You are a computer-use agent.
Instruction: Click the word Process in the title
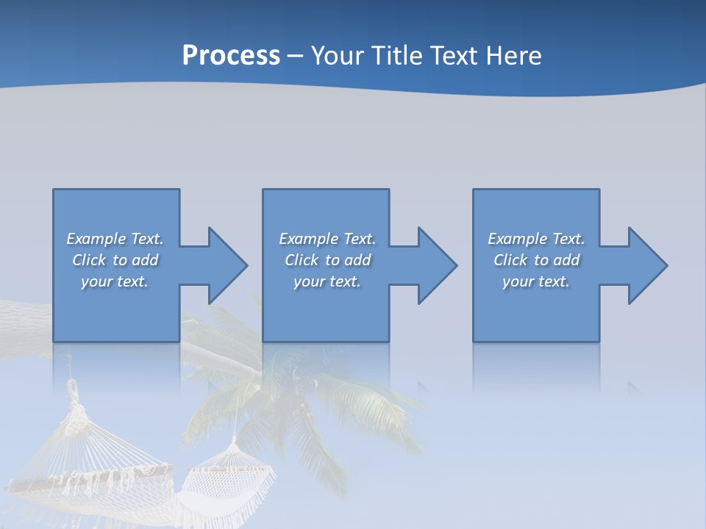(x=231, y=56)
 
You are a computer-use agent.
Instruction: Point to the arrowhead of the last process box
(x=646, y=265)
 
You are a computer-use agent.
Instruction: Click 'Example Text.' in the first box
(x=115, y=239)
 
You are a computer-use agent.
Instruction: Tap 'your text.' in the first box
(x=115, y=281)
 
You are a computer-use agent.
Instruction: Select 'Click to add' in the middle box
(x=327, y=260)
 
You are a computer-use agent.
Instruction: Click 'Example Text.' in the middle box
(x=327, y=239)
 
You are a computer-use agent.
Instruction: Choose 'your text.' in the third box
(x=536, y=281)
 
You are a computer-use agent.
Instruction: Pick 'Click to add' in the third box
(x=536, y=260)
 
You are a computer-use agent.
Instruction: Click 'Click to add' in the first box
(x=115, y=260)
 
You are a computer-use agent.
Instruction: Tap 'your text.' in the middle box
(x=327, y=281)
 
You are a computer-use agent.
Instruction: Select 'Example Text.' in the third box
(x=536, y=239)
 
